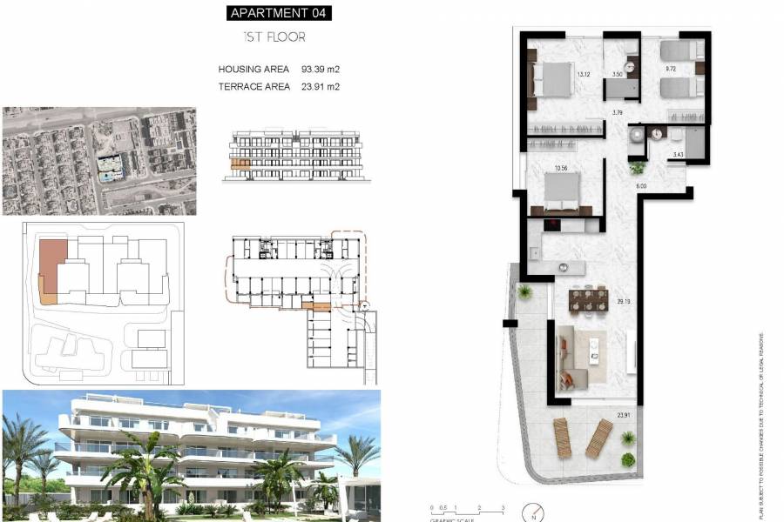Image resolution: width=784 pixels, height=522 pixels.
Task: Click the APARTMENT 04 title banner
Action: pyautogui.click(x=279, y=13)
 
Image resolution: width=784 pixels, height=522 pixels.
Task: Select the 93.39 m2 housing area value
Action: pyautogui.click(x=320, y=69)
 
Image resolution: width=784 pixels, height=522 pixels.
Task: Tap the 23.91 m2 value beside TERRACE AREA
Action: pyautogui.click(x=320, y=86)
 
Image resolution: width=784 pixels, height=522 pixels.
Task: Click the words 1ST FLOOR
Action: pyautogui.click(x=274, y=37)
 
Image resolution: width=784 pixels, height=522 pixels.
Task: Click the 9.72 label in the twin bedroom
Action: pyautogui.click(x=671, y=68)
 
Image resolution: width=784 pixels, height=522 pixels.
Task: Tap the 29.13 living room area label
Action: pyautogui.click(x=623, y=302)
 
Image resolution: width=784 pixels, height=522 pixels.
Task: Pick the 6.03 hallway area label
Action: pyautogui.click(x=640, y=186)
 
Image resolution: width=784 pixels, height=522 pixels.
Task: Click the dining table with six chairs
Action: pyautogui.click(x=588, y=300)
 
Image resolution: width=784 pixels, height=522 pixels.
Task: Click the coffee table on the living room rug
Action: pyautogui.click(x=595, y=348)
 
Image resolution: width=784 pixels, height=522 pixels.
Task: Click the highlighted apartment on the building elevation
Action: pyautogui.click(x=240, y=163)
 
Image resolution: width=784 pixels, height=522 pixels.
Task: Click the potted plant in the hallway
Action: pyautogui.click(x=638, y=168)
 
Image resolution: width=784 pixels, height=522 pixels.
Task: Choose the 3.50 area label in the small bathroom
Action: pyautogui.click(x=618, y=75)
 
